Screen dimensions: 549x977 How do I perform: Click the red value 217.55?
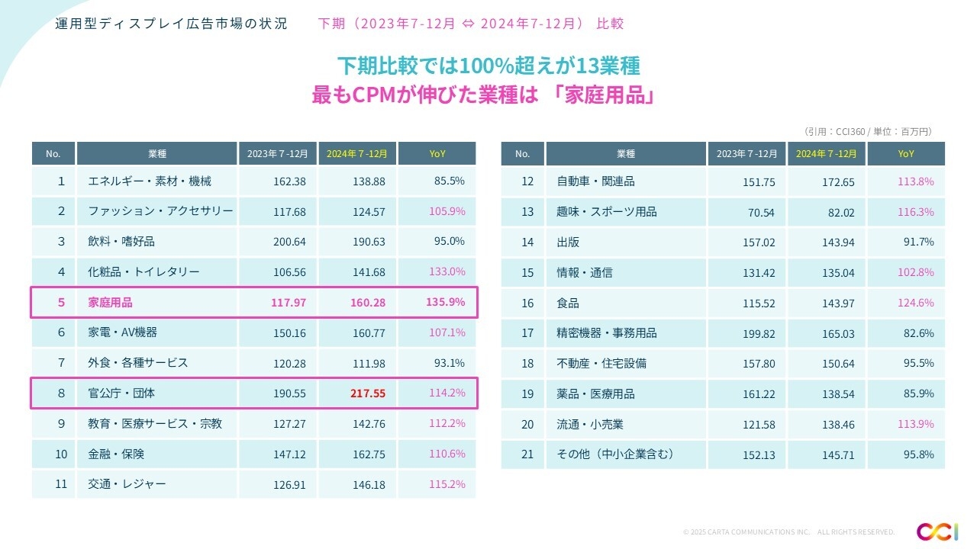(x=369, y=393)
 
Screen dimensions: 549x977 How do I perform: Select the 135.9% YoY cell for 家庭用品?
(x=445, y=302)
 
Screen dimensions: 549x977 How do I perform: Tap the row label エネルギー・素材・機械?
(x=150, y=181)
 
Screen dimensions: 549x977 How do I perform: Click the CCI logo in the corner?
(x=932, y=531)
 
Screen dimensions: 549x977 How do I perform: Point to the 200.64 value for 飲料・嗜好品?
(x=289, y=242)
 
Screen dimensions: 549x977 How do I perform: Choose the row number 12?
(x=527, y=181)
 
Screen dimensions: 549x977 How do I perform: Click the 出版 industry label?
(x=568, y=242)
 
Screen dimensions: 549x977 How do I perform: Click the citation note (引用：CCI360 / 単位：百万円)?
(x=868, y=131)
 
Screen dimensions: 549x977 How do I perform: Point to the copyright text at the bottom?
(x=788, y=531)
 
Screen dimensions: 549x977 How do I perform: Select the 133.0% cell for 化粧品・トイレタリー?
(x=447, y=272)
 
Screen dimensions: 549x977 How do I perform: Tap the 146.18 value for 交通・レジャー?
(x=369, y=484)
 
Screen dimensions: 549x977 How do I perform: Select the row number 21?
(x=527, y=454)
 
